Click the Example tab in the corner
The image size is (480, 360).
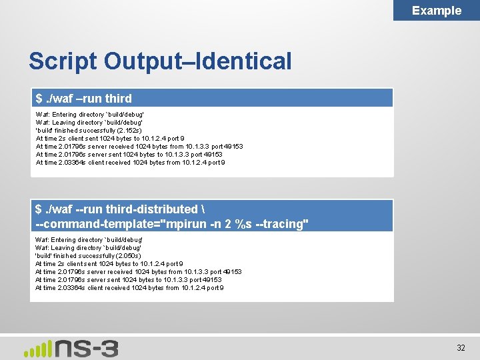[436, 10]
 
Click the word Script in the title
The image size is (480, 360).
[63, 61]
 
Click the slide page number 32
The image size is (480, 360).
[461, 347]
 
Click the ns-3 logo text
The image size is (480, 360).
[87, 347]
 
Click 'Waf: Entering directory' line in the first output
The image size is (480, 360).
[89, 115]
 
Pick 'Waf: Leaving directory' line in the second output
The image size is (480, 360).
[89, 248]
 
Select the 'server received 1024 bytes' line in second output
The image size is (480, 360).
[139, 272]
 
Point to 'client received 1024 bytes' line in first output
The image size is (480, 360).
[130, 163]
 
